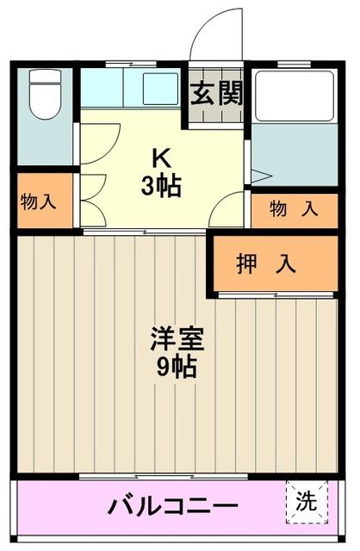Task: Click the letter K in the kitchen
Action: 161,158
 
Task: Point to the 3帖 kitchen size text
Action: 161,185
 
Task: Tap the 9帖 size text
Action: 177,368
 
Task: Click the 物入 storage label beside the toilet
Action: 39,202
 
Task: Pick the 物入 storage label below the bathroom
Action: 293,208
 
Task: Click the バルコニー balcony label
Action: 172,505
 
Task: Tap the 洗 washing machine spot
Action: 307,499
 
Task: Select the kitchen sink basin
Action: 159,87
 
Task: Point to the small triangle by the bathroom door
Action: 261,176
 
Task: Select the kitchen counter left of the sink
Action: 108,87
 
